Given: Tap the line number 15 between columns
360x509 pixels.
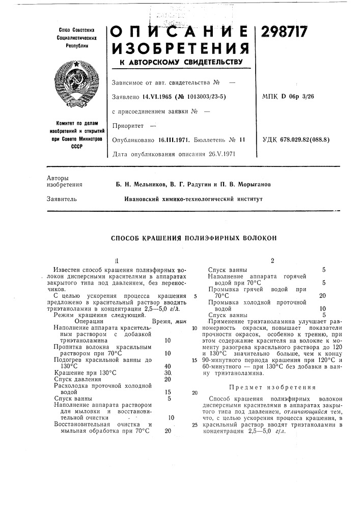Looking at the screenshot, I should pos(195,360).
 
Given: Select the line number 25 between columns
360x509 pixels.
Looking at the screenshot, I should pos(195,424).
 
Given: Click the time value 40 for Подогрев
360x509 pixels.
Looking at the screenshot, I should pos(168,365).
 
